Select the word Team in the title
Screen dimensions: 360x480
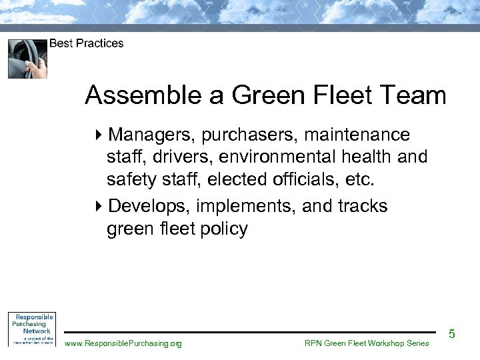click(419, 96)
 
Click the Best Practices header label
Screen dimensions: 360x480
click(87, 43)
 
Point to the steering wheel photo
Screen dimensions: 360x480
click(27, 59)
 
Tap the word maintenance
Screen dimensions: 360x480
click(357, 135)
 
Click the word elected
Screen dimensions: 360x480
click(237, 179)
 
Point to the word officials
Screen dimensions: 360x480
click(303, 179)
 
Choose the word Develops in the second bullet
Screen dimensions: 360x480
click(144, 207)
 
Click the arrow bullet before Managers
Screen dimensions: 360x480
click(99, 135)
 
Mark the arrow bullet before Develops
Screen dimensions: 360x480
click(99, 207)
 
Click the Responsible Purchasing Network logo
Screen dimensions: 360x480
click(31, 328)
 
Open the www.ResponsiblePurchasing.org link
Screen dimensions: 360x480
click(123, 343)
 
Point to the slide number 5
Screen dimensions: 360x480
click(451, 333)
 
